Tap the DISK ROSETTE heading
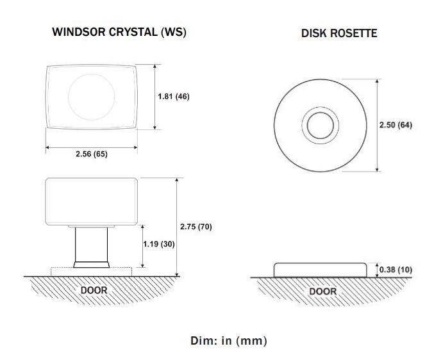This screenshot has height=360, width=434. [x=339, y=33]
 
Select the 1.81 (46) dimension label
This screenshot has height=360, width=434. [x=174, y=97]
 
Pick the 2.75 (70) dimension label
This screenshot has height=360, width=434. [x=196, y=227]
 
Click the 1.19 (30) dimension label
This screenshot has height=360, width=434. [x=158, y=244]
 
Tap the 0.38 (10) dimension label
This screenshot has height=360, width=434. [x=396, y=269]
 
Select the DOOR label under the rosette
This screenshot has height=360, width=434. [x=322, y=291]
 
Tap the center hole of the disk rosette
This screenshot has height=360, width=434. [x=321, y=124]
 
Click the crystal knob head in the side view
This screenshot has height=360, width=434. [x=92, y=202]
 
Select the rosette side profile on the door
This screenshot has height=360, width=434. [x=321, y=269]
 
